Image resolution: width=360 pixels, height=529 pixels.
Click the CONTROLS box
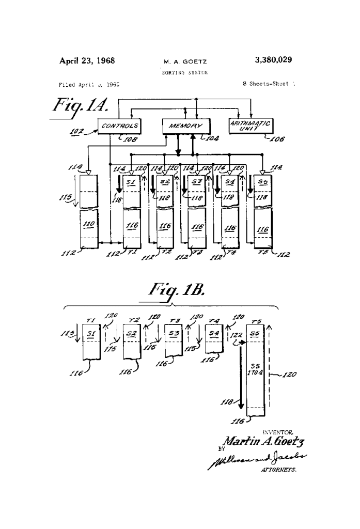pos(119,126)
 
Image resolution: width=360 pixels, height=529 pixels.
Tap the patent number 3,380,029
pos(273,60)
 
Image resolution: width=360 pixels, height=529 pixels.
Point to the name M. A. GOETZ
pos(184,61)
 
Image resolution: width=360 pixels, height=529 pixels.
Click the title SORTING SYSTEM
pos(184,72)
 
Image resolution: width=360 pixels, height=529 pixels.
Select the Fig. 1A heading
pos(79,106)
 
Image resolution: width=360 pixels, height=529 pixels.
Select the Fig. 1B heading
pos(171,291)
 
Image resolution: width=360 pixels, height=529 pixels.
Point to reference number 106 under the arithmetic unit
pos(277,138)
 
